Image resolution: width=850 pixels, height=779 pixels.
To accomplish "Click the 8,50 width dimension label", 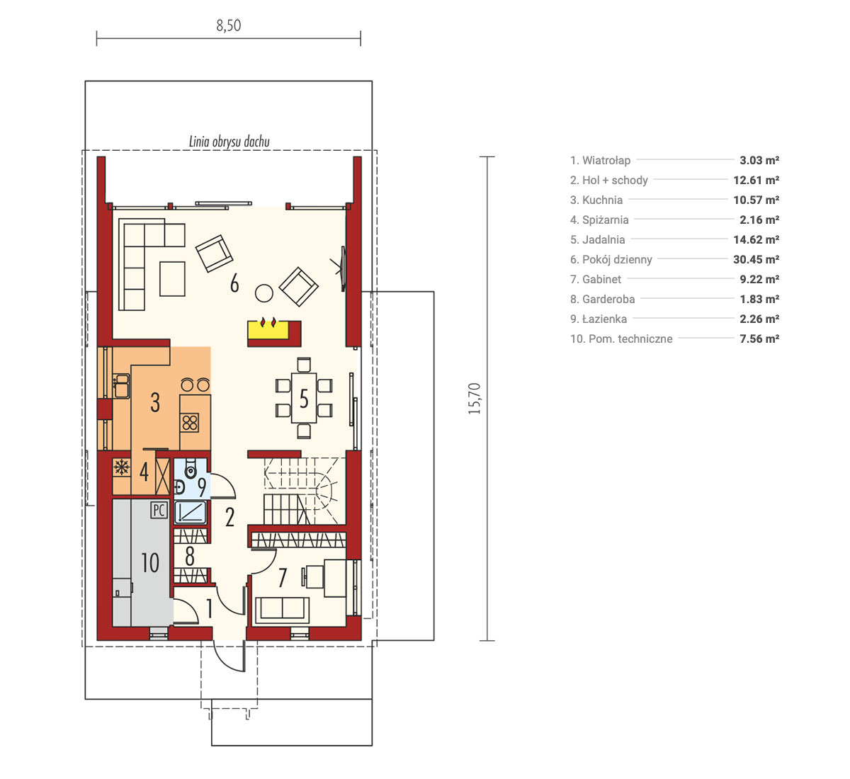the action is coord(228,25).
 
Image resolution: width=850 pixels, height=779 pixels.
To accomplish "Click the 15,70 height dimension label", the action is coord(475,399).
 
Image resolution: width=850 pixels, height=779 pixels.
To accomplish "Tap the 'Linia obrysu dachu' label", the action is coord(229,142).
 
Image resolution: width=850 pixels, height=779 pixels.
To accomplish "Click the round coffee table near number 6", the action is coord(264,293).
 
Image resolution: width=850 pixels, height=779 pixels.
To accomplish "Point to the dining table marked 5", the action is coord(304,398).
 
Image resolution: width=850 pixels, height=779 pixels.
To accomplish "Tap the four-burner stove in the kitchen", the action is coord(190,423).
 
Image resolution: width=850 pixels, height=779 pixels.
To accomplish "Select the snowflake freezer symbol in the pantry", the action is coord(122,467).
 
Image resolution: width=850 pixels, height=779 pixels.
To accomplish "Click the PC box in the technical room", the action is coord(159,510).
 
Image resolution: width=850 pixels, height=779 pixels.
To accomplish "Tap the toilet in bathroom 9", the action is coord(191,468).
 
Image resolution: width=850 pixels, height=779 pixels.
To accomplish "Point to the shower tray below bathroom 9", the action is coord(191,512).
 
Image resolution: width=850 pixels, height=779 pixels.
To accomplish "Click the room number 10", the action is coord(150,563).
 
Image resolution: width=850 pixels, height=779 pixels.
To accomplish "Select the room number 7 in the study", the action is coord(283,577).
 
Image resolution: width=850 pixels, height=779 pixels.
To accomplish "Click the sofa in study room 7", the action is coord(281,610).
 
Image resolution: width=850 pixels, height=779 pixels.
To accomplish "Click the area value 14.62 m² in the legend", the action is coord(756,240).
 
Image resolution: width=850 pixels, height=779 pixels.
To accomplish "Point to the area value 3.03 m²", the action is coord(759,160).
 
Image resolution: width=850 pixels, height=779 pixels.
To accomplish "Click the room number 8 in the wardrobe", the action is coord(190,556).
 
